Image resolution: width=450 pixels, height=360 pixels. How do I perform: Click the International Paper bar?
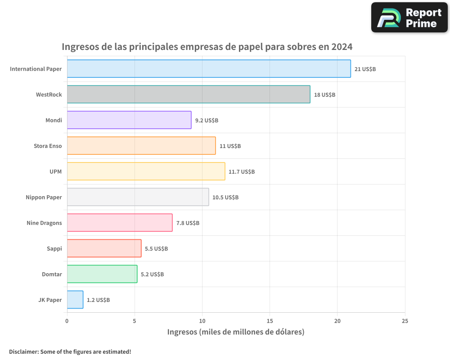click(x=209, y=69)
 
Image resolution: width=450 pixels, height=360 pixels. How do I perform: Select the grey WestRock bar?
click(x=189, y=94)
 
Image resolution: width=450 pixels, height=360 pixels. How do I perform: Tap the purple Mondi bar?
click(x=129, y=120)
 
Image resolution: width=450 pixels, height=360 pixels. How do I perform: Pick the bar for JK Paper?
click(x=75, y=300)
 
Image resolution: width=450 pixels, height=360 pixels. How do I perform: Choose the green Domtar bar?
click(x=102, y=274)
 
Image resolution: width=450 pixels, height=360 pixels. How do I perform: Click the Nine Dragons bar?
click(x=120, y=223)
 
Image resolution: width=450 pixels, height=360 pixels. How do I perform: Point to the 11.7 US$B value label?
click(x=242, y=171)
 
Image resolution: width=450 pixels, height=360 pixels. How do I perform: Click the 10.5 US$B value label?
click(x=225, y=197)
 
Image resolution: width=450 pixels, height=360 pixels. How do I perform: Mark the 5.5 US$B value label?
click(x=156, y=248)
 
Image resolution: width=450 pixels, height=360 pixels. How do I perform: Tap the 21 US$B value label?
click(x=365, y=69)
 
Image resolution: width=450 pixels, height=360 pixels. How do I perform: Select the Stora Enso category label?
click(x=48, y=146)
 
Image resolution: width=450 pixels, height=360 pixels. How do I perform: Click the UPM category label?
click(x=56, y=171)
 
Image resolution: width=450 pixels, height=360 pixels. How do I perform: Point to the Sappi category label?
click(x=54, y=248)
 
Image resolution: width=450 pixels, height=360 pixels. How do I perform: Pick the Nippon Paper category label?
click(x=44, y=197)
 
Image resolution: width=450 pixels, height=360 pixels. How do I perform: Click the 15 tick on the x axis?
click(x=270, y=321)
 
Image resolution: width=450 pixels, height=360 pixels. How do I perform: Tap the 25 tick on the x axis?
click(x=405, y=321)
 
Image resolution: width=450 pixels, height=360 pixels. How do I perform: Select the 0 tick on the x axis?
click(x=67, y=321)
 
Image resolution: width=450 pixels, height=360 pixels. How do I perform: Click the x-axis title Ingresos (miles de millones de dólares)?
click(x=236, y=332)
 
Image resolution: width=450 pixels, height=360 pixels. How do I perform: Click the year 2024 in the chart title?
click(x=341, y=47)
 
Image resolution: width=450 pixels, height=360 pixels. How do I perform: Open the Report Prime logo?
click(x=409, y=18)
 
